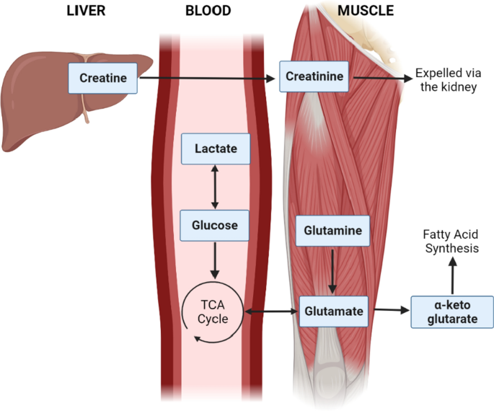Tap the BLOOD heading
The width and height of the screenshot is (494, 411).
[x=208, y=11]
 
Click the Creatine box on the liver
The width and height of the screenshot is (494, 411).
[x=103, y=77]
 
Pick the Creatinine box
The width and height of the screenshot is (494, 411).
[x=315, y=76]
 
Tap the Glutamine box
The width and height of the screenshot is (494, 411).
[x=332, y=231]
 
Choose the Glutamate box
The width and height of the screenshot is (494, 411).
[x=332, y=311]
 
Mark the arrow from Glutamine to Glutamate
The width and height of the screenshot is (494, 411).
[x=332, y=271]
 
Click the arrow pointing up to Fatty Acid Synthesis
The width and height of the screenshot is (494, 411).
[x=453, y=277]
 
